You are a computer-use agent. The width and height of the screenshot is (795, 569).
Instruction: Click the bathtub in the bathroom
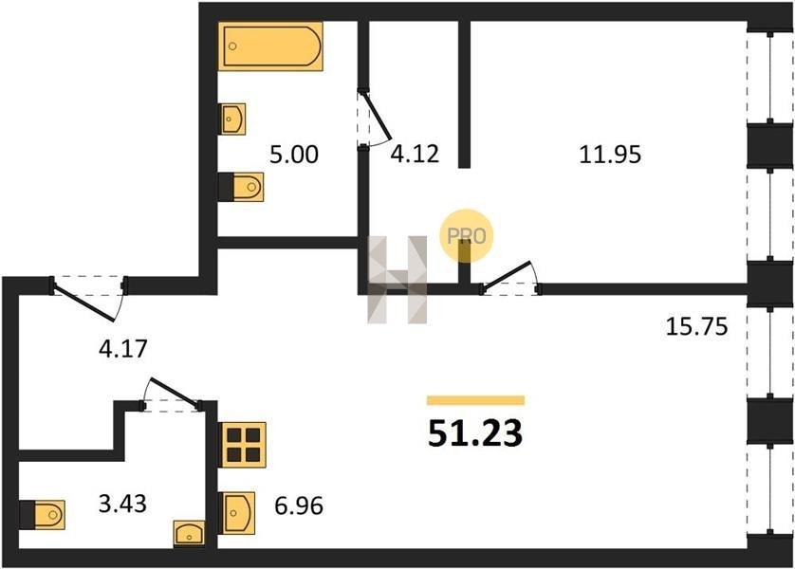(x=271, y=46)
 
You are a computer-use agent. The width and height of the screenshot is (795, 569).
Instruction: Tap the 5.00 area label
(x=294, y=155)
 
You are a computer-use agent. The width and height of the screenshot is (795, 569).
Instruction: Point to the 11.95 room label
(x=610, y=155)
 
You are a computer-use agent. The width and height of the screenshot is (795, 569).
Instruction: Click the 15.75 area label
(x=695, y=327)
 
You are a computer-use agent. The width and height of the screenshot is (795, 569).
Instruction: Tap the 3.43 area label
(x=123, y=504)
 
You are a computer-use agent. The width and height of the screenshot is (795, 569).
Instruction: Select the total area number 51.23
(x=475, y=433)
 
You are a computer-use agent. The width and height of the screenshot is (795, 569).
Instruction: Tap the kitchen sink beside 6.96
(x=236, y=514)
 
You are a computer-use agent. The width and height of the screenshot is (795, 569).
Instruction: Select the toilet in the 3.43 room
(x=43, y=514)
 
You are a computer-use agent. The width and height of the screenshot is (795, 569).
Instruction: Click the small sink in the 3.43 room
(x=190, y=533)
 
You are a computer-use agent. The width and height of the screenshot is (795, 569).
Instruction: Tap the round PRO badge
(x=467, y=234)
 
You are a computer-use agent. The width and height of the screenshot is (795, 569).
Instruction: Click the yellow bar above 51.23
(x=475, y=400)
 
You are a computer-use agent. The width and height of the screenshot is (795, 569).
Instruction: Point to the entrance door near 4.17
(x=87, y=294)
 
